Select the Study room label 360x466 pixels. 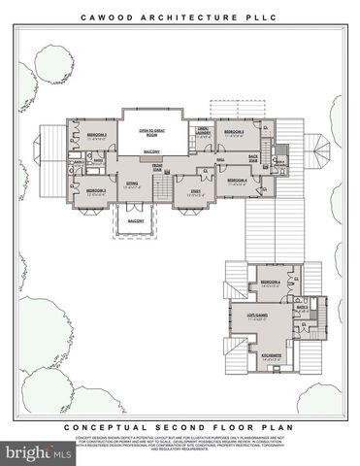(195, 190)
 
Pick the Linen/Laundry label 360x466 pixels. (204, 132)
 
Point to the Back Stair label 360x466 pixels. (253, 156)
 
